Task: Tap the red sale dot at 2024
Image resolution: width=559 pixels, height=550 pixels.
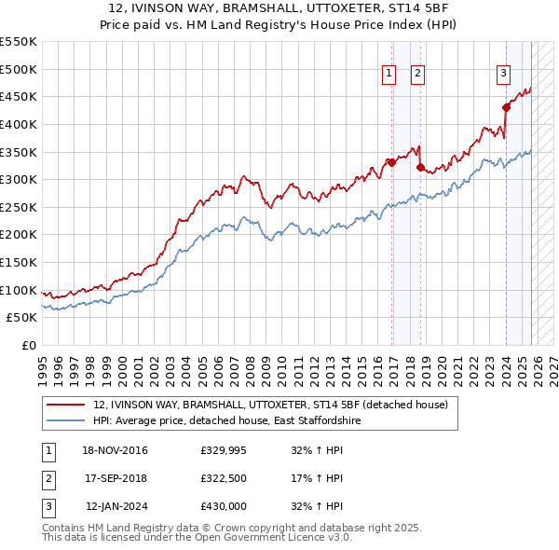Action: click(507, 107)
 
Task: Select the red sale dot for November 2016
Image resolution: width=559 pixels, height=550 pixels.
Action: click(392, 162)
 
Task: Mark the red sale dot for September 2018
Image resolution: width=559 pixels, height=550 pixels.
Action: click(420, 167)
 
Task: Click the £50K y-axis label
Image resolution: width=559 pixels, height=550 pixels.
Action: click(22, 318)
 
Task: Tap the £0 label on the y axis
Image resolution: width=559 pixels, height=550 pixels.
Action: click(28, 345)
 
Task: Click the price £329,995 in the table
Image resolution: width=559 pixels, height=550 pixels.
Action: click(222, 451)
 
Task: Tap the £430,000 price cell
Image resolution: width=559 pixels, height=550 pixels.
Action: click(223, 506)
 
